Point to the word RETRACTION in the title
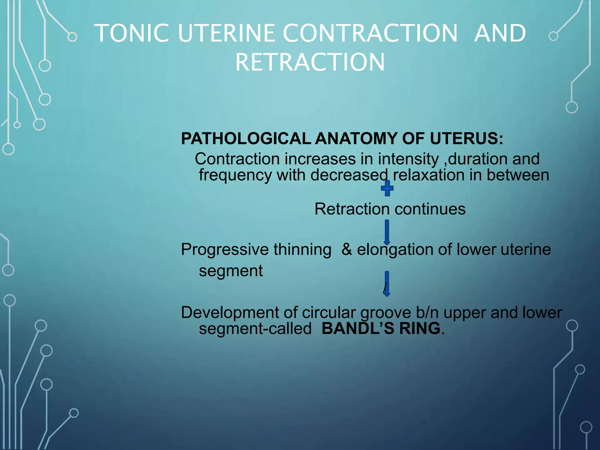(x=310, y=62)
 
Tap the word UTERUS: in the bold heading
(x=466, y=139)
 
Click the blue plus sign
(x=387, y=188)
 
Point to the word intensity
(x=408, y=159)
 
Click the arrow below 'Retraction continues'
(x=387, y=232)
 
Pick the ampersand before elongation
(x=347, y=250)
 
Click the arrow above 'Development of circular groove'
(x=387, y=284)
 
